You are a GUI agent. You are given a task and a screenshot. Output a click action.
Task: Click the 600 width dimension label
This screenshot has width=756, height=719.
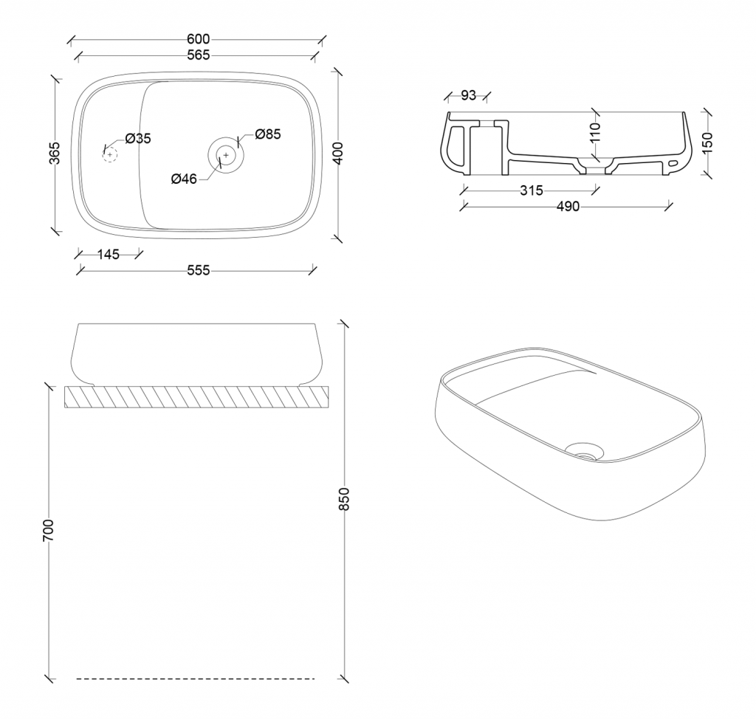[x=198, y=39]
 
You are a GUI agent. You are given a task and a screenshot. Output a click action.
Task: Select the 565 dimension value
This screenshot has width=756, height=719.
[x=198, y=55]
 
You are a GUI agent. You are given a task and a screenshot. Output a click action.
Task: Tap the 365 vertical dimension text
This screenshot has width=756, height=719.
[x=55, y=153]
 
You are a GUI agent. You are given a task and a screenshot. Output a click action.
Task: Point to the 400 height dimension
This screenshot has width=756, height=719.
[x=338, y=154]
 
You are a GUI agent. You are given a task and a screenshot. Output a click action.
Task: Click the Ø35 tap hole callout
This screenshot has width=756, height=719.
[x=138, y=139]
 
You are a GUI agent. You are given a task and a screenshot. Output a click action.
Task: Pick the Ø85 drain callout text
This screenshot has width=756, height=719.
[x=267, y=134]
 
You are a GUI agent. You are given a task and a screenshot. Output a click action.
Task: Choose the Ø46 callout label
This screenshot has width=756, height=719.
[x=184, y=179]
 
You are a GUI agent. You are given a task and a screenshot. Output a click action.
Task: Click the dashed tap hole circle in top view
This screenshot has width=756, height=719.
[x=110, y=155]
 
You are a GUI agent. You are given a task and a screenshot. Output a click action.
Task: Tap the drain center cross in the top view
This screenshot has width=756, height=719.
[x=226, y=155]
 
